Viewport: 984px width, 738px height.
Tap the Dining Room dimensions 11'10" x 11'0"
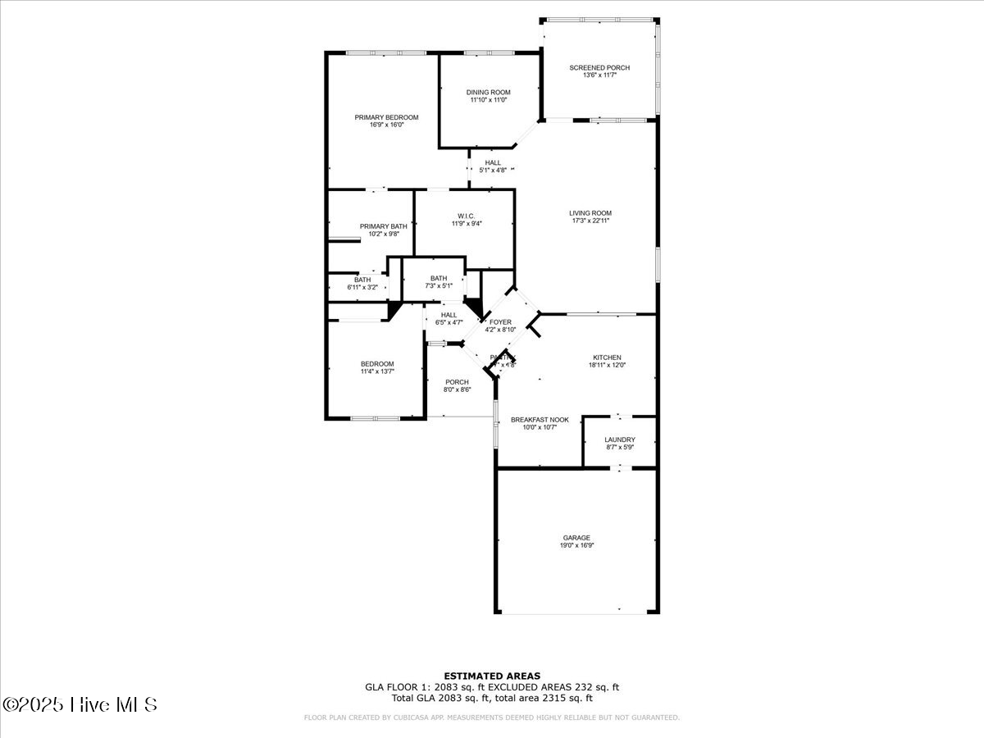(x=489, y=100)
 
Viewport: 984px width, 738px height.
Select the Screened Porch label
(x=599, y=67)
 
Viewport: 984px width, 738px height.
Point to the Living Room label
(x=590, y=213)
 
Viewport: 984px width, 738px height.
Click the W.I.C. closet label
(x=464, y=216)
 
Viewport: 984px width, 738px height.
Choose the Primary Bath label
(x=383, y=226)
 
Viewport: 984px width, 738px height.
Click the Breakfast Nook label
(x=540, y=420)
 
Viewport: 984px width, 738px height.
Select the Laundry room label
(x=619, y=440)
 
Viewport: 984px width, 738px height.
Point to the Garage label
(x=576, y=538)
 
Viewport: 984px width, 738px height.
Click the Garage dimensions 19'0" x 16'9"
(x=576, y=545)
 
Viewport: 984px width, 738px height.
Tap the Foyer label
(x=500, y=322)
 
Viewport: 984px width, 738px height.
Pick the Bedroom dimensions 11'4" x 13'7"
(x=377, y=371)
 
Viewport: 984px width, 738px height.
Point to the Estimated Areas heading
(x=492, y=676)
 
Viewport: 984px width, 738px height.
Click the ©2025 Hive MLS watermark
(x=80, y=704)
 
